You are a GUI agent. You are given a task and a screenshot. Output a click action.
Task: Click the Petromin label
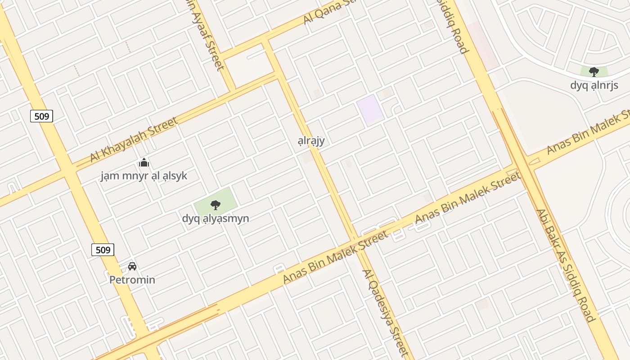(x=132, y=280)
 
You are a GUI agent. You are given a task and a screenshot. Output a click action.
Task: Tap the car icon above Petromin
(x=132, y=266)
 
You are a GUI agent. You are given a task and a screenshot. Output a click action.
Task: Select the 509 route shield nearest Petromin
(x=103, y=250)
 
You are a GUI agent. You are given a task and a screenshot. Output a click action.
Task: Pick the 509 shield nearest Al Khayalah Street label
(x=42, y=117)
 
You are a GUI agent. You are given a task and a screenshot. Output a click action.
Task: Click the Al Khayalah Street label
(x=134, y=139)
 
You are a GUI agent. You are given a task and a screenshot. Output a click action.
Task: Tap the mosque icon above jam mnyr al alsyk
(x=144, y=162)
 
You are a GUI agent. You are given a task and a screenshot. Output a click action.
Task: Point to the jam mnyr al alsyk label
(x=144, y=175)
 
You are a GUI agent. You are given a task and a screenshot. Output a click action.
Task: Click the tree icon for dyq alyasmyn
(x=216, y=205)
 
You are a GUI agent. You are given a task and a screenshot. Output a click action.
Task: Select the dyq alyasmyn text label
(x=216, y=218)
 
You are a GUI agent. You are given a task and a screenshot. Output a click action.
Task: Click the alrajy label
(x=311, y=140)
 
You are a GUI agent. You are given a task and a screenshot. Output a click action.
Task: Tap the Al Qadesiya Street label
(x=386, y=313)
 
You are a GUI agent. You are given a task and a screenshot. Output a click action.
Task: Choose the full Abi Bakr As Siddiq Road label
(x=566, y=265)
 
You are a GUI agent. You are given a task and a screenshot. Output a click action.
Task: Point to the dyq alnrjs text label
(x=594, y=85)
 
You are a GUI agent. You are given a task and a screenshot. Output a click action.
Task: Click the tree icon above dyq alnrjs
(x=594, y=72)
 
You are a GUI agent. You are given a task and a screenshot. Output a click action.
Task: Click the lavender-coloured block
(x=370, y=109)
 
